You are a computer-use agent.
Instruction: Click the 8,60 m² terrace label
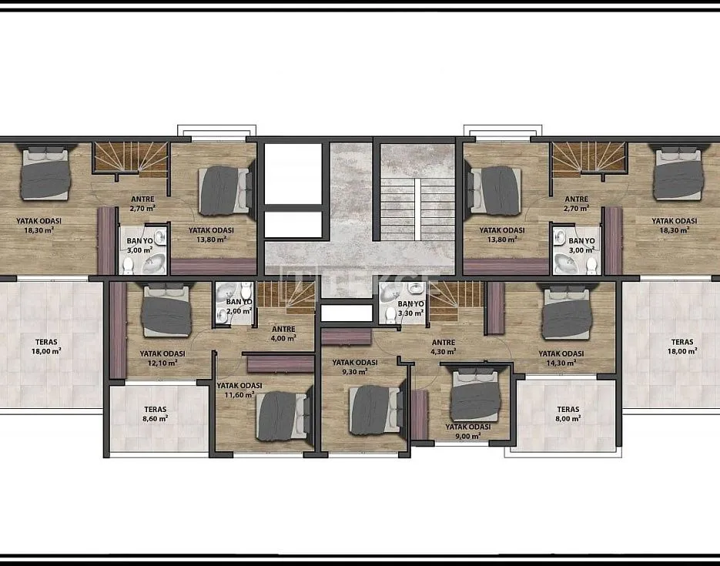click(156, 414)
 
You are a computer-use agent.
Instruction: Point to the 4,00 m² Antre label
click(283, 333)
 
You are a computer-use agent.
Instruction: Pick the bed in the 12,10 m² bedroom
click(166, 311)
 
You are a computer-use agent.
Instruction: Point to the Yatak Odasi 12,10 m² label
click(162, 358)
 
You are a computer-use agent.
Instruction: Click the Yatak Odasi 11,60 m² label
click(239, 390)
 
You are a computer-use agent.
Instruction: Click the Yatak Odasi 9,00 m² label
click(467, 430)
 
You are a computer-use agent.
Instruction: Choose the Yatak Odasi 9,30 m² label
click(354, 367)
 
